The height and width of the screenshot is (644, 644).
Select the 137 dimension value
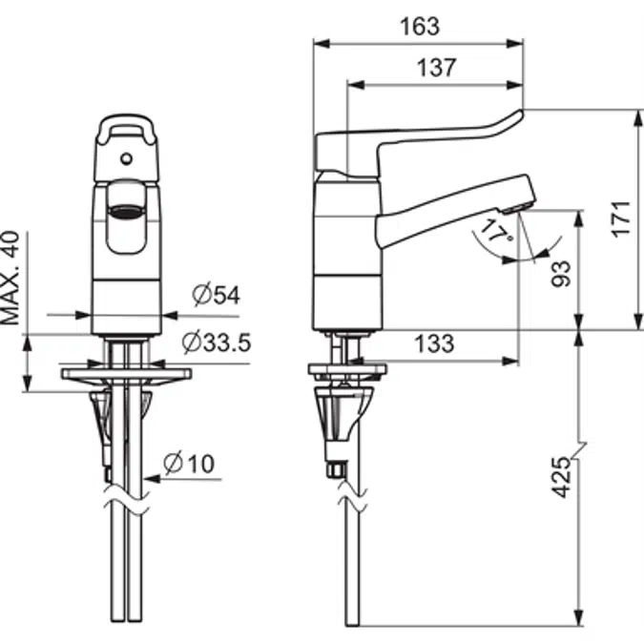[436, 68]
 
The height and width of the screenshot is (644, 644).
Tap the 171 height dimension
[621, 218]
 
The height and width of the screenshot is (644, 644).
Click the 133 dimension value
[434, 343]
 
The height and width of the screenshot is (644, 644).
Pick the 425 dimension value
[563, 476]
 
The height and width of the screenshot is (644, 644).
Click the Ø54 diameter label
[215, 295]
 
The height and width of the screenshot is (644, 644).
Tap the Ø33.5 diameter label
[216, 341]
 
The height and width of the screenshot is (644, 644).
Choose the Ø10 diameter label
[189, 465]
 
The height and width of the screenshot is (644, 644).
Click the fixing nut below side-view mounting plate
[336, 468]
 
